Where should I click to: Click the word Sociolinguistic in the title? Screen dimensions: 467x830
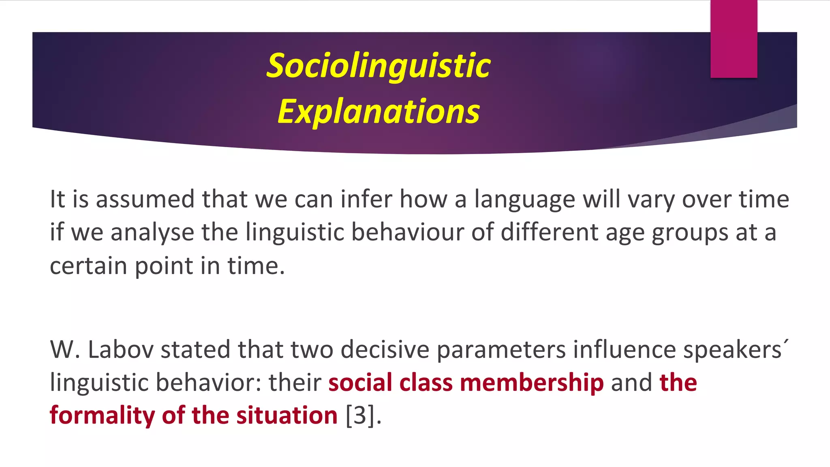(x=379, y=66)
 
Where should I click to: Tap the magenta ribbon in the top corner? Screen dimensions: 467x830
(x=734, y=39)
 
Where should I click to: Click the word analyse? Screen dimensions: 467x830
(x=152, y=233)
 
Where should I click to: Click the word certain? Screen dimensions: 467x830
(x=88, y=266)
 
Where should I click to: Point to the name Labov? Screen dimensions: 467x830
(x=120, y=349)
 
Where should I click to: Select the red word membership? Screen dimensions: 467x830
(x=532, y=383)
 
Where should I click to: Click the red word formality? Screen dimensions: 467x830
(x=102, y=416)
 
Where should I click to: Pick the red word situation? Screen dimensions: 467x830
(x=287, y=416)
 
